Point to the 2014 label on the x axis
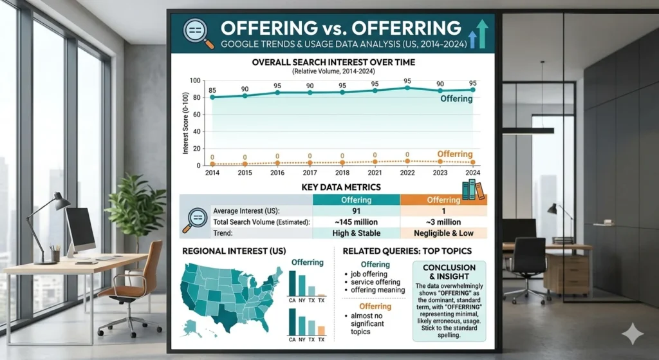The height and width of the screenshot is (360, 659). pos(212,173)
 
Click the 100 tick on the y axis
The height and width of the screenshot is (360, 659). pos(195,81)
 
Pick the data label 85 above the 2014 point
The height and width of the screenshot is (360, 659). pos(212,90)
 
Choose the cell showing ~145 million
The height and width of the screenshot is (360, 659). pos(356,222)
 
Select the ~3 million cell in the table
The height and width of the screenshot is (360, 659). pos(443,222)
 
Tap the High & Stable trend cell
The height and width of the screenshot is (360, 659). pos(356,232)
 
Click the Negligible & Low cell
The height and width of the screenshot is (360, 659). pos(443,232)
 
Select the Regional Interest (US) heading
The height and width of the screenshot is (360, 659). pos(234,251)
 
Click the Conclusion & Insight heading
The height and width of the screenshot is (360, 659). pos(449,272)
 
